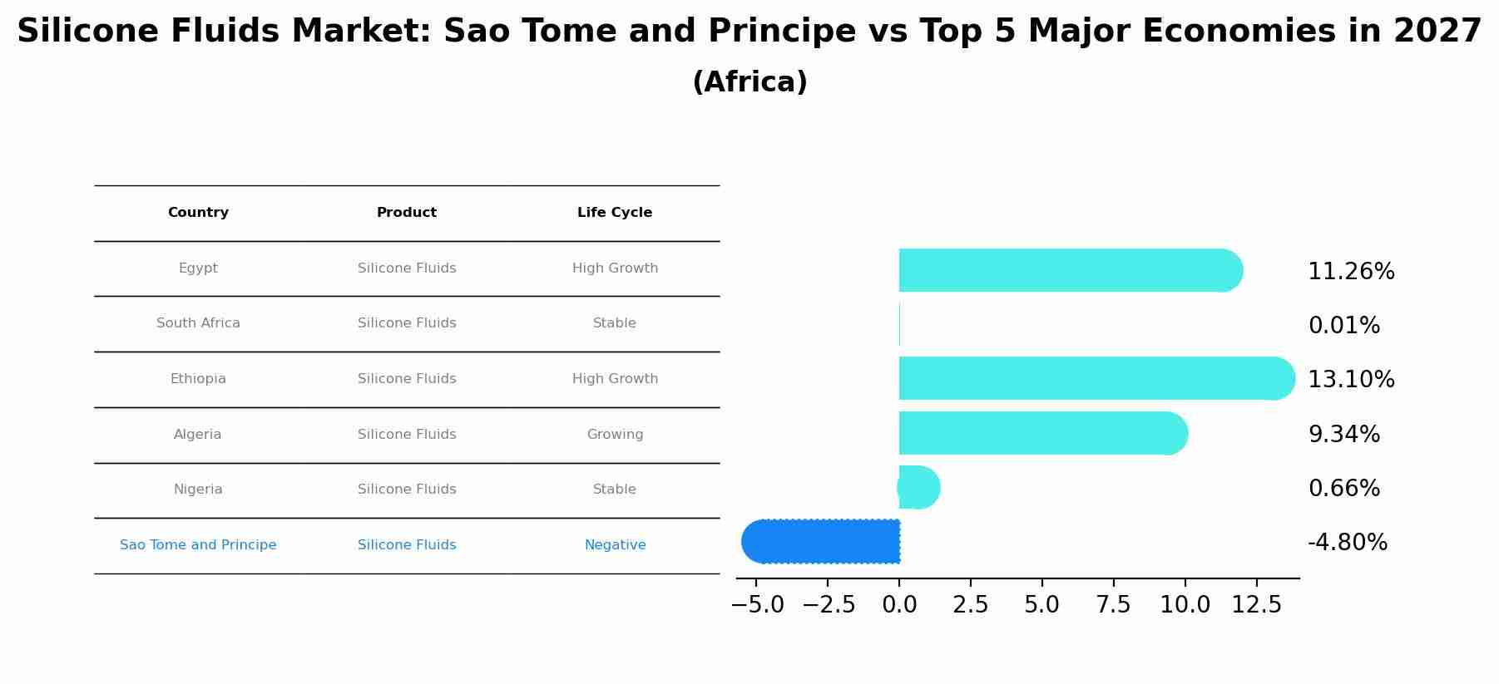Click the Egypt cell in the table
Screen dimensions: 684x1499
tap(198, 268)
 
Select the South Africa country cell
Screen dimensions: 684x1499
tap(198, 323)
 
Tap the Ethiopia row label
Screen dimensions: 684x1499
tap(198, 379)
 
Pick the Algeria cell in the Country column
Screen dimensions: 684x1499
tap(198, 435)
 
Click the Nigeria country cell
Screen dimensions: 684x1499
tap(198, 490)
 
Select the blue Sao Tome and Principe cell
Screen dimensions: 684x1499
tap(198, 545)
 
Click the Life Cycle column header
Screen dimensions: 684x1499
tap(615, 213)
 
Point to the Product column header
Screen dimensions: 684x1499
tap(407, 213)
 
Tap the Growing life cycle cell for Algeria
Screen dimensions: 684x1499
tap(615, 435)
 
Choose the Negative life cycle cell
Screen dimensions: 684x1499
tap(615, 545)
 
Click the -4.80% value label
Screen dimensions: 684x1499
tap(1348, 543)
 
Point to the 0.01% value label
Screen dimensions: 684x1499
tap(1344, 326)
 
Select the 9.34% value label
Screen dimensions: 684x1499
tap(1344, 435)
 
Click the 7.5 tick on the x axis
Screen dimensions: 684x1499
tap(1113, 605)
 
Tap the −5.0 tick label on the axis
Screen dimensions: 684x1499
tap(757, 605)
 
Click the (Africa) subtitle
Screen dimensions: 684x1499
tap(749, 82)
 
